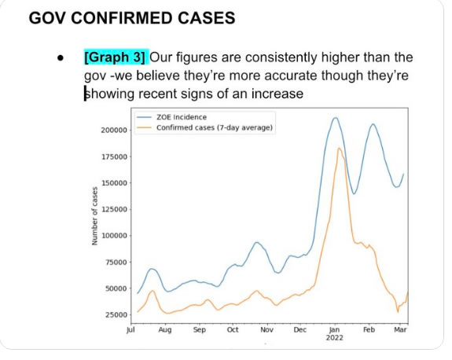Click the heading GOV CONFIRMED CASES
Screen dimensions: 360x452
click(131, 18)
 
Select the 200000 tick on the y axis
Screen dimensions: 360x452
click(115, 130)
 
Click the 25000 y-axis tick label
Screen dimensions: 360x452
click(117, 314)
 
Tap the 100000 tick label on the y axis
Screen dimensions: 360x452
click(115, 235)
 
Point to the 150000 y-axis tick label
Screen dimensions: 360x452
click(115, 182)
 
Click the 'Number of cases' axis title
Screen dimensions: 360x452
click(95, 215)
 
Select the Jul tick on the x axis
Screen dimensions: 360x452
click(130, 331)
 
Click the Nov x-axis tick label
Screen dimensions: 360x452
click(266, 331)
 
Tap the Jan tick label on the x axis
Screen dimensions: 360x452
click(333, 331)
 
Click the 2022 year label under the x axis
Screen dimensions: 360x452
click(333, 339)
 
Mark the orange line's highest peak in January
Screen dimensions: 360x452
click(339, 148)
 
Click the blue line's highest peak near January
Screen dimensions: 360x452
click(335, 118)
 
